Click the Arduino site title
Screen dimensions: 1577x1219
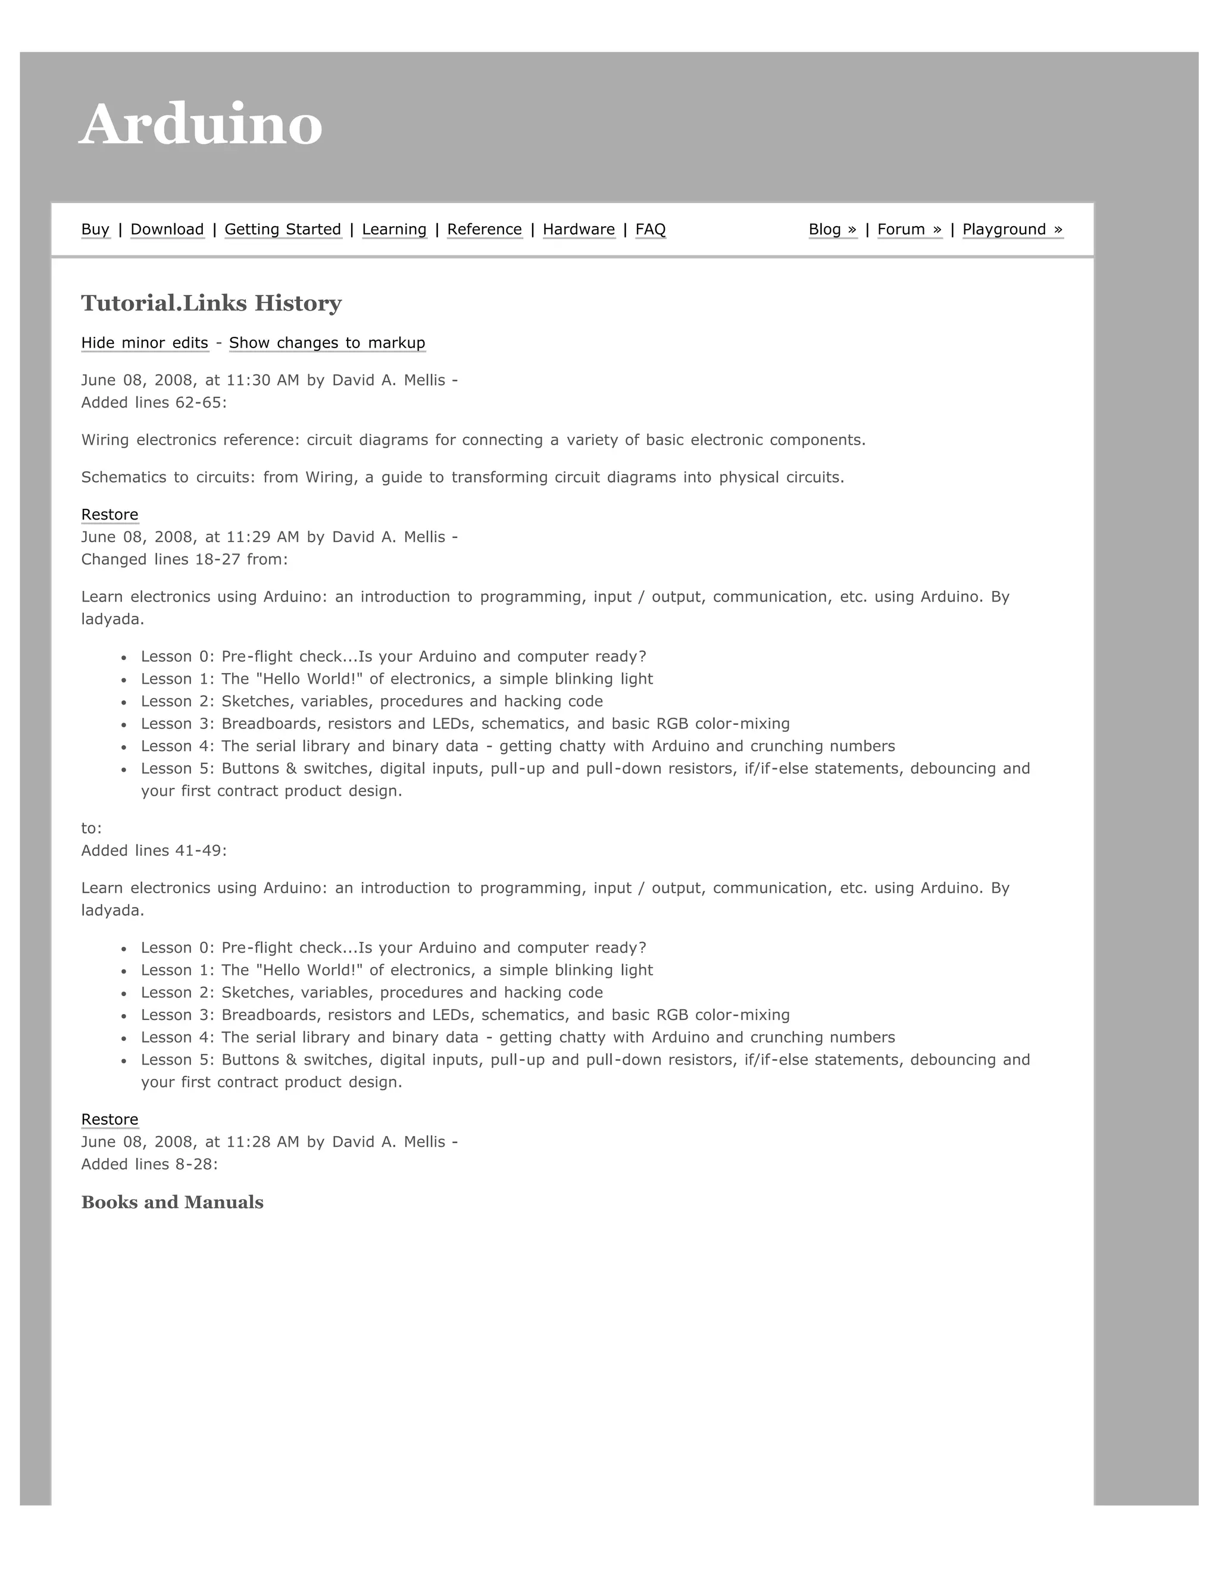click(201, 124)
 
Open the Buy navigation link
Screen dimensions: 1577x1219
click(95, 229)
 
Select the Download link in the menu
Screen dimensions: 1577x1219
click(167, 229)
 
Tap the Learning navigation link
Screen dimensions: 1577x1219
click(393, 229)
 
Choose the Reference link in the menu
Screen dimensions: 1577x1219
click(484, 229)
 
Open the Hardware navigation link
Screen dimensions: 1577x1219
click(579, 229)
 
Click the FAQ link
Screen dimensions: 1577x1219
click(650, 229)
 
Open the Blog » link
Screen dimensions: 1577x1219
click(832, 229)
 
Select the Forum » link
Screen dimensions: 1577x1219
click(909, 229)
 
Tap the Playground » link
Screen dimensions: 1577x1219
click(1012, 229)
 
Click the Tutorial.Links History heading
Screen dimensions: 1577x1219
click(211, 303)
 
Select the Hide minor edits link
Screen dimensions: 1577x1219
click(145, 342)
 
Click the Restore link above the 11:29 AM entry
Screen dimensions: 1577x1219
click(110, 514)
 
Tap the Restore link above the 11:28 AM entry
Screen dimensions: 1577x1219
click(110, 1119)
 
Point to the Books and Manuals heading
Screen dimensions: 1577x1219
click(172, 1202)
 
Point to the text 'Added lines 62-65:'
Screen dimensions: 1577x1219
click(154, 402)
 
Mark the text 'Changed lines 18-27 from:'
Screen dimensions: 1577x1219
click(184, 559)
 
